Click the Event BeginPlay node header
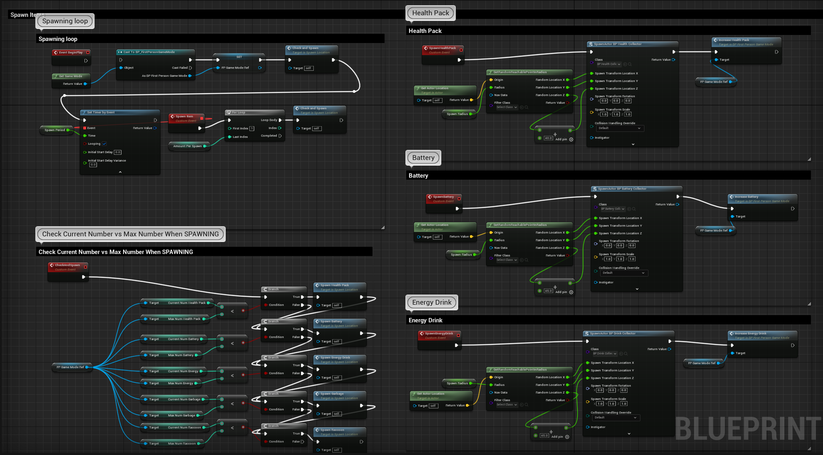pos(71,52)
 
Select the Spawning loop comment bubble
pos(65,21)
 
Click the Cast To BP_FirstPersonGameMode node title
pos(149,52)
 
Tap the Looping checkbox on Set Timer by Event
pos(104,144)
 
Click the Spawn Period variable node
pos(55,130)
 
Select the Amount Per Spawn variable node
pos(187,146)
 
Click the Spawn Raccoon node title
pos(332,430)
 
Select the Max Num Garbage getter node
pos(181,416)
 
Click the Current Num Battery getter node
pos(183,339)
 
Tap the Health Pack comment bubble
pos(430,13)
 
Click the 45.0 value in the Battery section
pos(548,291)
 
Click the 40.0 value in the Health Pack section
pos(548,138)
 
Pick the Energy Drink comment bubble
pos(432,303)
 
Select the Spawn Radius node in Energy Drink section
pos(457,383)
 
